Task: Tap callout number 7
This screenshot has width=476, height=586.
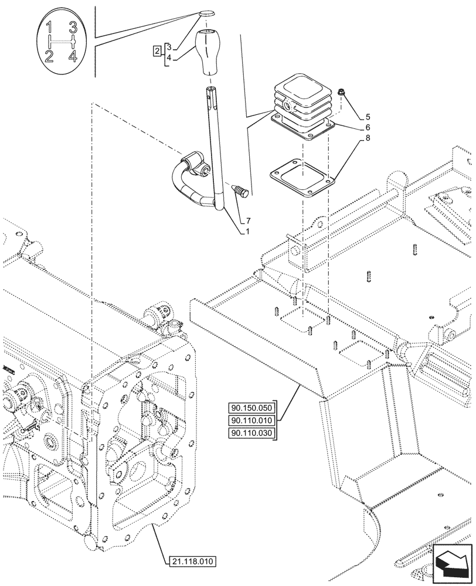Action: [248, 221]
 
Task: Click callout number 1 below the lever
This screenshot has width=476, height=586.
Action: [248, 231]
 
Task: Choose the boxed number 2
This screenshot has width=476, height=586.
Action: [157, 51]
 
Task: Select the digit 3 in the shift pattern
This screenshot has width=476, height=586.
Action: [73, 27]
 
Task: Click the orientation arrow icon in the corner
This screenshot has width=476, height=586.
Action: [452, 563]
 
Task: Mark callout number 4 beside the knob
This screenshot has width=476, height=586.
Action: [169, 57]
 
